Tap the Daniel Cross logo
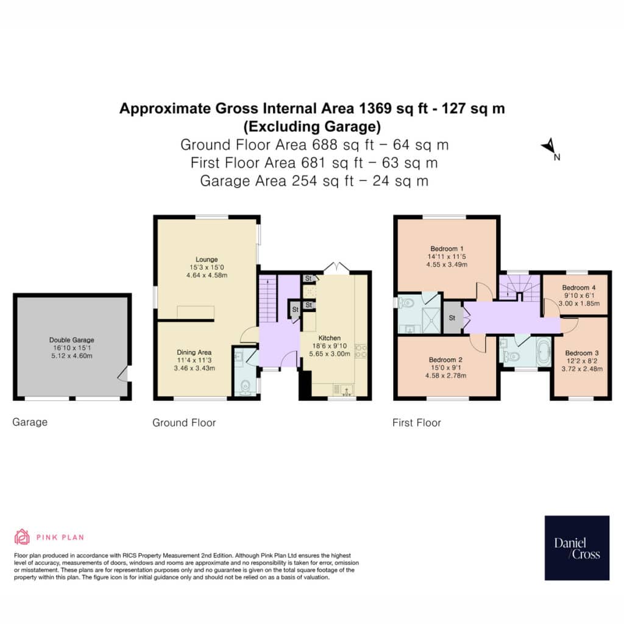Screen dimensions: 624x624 pos(576,548)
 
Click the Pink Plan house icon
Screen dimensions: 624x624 pos(22,536)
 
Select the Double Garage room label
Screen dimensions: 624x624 pos(72,340)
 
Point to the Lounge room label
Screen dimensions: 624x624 pos(207,259)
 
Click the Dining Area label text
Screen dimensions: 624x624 pos(194,352)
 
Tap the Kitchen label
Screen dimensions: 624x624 pos(330,338)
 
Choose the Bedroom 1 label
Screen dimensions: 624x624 pos(447,249)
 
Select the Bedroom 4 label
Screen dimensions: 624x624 pos(579,288)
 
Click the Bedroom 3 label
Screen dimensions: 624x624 pos(582,353)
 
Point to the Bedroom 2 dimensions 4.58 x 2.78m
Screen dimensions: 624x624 pos(445,375)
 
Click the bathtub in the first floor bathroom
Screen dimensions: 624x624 pos(544,352)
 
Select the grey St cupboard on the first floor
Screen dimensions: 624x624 pos(452,317)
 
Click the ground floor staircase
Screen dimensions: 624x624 pos(268,300)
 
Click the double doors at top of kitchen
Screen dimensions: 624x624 pos(336,268)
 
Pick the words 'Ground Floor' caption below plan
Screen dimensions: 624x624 pos(184,423)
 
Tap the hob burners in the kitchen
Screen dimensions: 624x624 pos(361,350)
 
